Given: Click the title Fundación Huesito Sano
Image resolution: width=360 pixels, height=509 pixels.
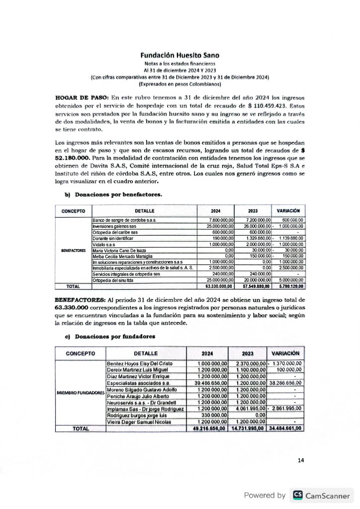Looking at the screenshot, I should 180,55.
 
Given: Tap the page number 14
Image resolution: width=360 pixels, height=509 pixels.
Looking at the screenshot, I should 301,460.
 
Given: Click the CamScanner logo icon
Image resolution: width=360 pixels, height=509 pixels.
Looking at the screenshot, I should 298,495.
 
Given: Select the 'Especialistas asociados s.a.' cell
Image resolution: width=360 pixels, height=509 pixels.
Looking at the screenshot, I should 139,384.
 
